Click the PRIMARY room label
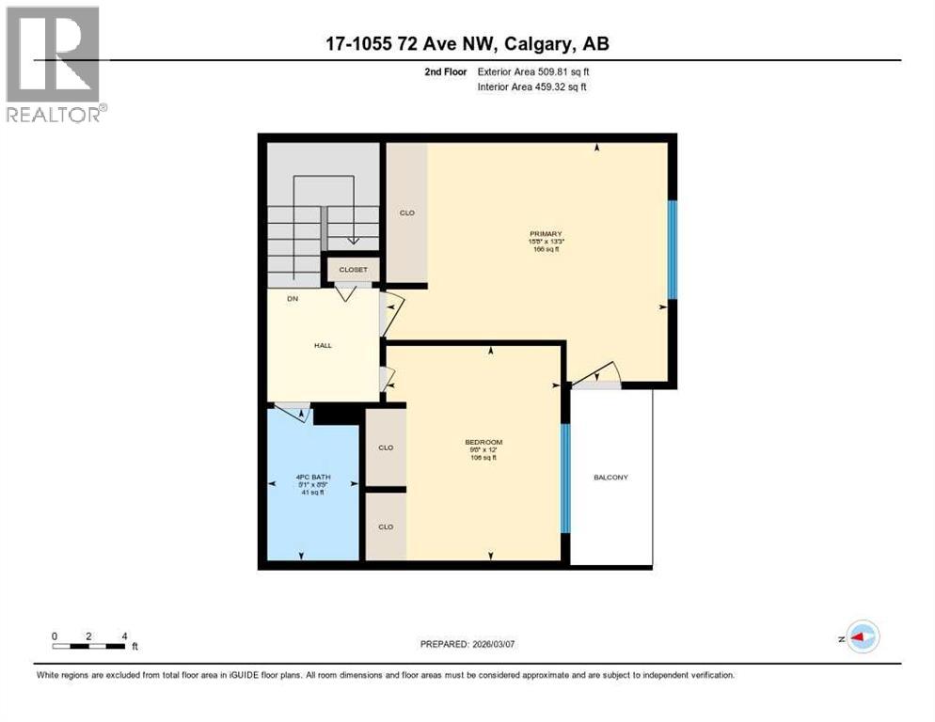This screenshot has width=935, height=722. coord(545,234)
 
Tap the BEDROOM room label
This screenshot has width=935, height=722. coord(483,443)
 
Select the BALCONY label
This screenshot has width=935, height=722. coord(610,478)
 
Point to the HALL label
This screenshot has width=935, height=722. coord(323,345)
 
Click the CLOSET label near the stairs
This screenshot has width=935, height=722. coord(353,270)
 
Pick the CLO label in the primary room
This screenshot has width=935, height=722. coord(406,213)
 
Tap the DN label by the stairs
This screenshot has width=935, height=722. coord(279,299)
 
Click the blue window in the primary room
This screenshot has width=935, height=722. coord(672,249)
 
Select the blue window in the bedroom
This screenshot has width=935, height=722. coord(565,478)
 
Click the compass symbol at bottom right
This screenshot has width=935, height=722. coord(862,636)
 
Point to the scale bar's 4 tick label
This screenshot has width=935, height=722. coord(123,636)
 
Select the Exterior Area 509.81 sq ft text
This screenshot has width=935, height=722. coord(533,71)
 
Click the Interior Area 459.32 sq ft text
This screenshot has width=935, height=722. coord(533,87)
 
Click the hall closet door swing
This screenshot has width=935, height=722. coord(345,292)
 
